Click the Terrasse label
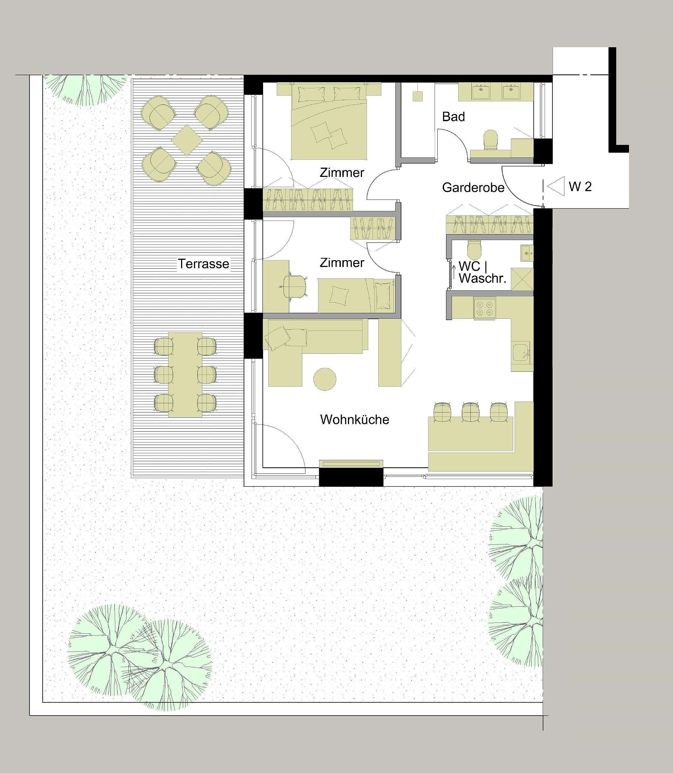pyautogui.click(x=203, y=264)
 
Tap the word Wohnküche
pyautogui.click(x=354, y=419)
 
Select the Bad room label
pyautogui.click(x=453, y=117)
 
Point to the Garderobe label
pyautogui.click(x=473, y=187)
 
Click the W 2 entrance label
pyautogui.click(x=580, y=186)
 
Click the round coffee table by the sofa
pyautogui.click(x=325, y=379)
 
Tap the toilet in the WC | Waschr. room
pyautogui.click(x=475, y=248)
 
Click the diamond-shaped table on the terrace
pyautogui.click(x=187, y=140)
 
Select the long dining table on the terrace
pyautogui.click(x=185, y=375)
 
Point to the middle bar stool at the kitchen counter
pyautogui.click(x=470, y=412)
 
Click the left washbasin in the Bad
pyautogui.click(x=481, y=91)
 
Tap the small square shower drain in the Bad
pyautogui.click(x=418, y=96)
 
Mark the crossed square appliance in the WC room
pyautogui.click(x=522, y=279)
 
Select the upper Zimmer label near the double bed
pyautogui.click(x=342, y=173)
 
